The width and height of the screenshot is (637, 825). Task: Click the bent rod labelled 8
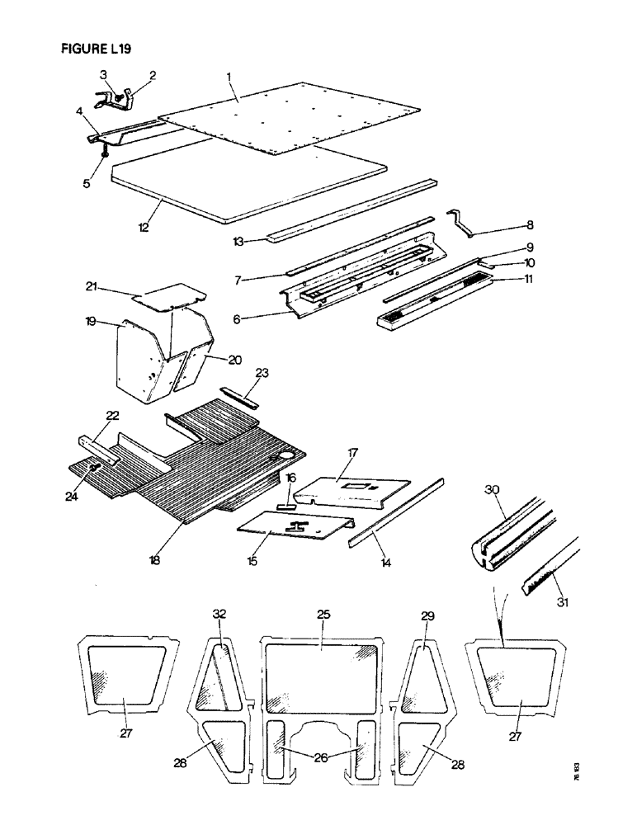464,223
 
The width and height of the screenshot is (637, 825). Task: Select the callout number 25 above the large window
323,615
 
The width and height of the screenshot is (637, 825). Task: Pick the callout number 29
427,615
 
